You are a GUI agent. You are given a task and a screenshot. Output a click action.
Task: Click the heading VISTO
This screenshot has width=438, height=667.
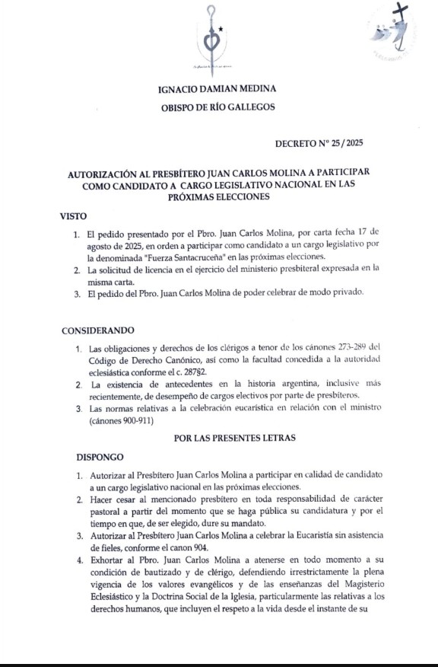tap(73, 216)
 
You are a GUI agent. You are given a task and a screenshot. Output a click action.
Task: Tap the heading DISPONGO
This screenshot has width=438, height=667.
tap(100, 458)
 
